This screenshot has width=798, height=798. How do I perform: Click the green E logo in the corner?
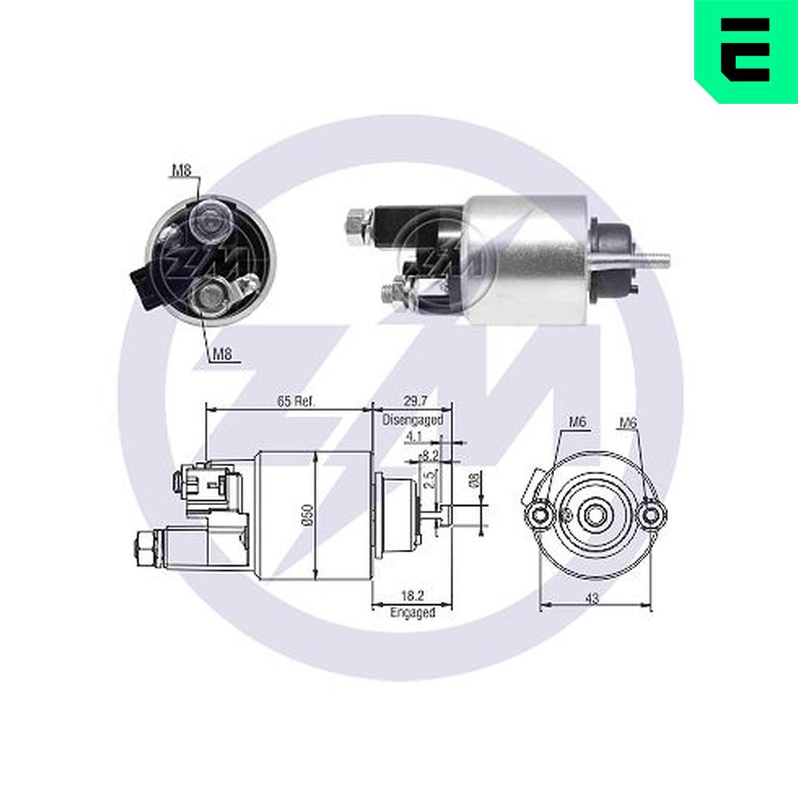[x=746, y=51]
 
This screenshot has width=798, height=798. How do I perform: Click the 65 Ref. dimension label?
[x=296, y=401]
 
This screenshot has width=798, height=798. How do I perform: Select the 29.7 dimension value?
[x=415, y=401]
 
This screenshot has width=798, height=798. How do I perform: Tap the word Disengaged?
[x=413, y=420]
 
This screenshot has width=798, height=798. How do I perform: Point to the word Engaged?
[x=413, y=612]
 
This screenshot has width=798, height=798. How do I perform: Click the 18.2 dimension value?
[x=413, y=595]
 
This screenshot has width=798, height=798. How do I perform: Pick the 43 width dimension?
[x=592, y=598]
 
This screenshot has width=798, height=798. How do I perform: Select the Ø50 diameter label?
[x=308, y=515]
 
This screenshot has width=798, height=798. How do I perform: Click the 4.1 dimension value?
[x=413, y=437]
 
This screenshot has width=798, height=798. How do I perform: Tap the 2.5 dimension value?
[x=430, y=480]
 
